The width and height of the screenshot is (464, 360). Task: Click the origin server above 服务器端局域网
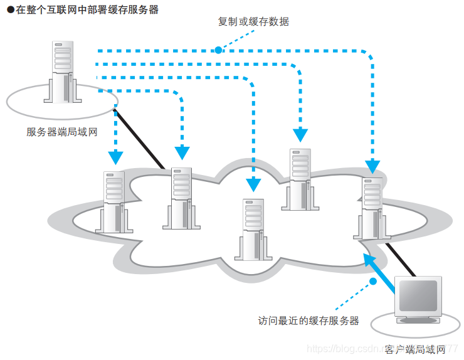[x=63, y=71]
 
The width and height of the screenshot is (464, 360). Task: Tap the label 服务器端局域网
[x=63, y=132]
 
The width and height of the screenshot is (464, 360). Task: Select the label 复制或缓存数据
[x=253, y=21]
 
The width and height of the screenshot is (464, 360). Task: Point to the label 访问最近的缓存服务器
[x=308, y=320]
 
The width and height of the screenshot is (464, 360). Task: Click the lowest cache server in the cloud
[x=253, y=230]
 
